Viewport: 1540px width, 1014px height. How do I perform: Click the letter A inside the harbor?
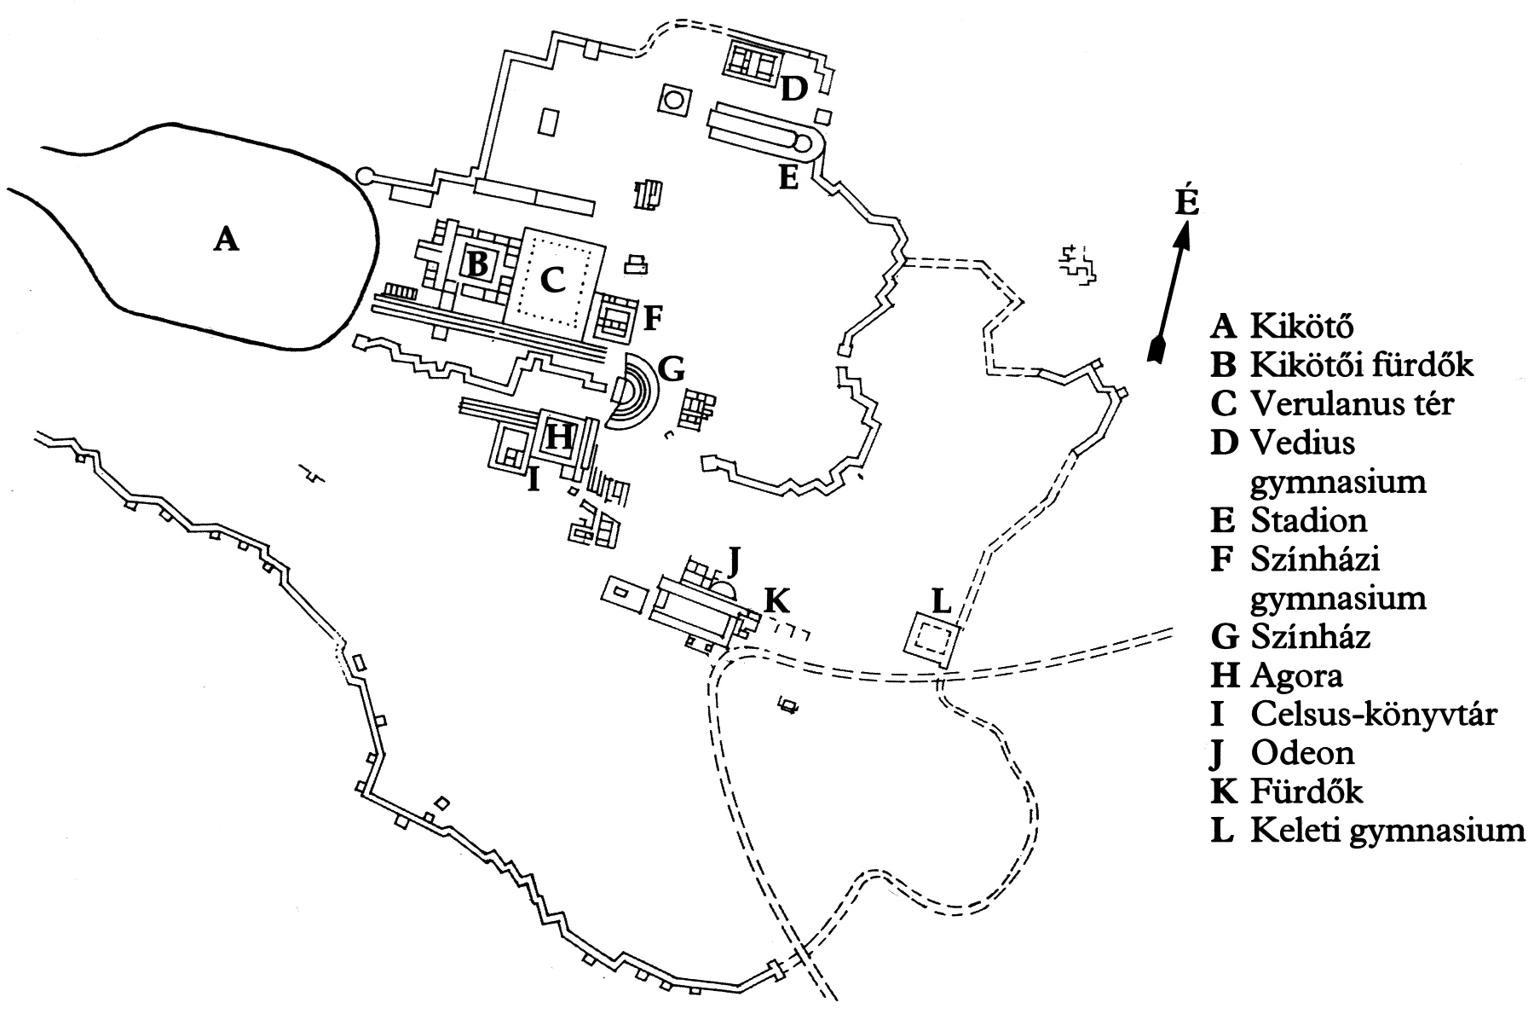[225, 238]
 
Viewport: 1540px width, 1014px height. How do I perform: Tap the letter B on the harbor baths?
[478, 265]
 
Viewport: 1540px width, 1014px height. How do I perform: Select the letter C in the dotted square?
[553, 279]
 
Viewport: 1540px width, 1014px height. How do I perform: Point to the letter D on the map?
[793, 88]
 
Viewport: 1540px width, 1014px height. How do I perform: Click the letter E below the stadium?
[788, 177]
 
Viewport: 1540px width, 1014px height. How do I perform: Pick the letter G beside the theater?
[672, 370]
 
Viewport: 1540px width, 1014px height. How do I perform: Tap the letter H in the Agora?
[559, 436]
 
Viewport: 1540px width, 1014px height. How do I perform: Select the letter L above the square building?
[941, 601]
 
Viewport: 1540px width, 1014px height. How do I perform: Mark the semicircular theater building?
[632, 391]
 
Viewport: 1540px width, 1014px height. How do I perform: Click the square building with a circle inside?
[673, 101]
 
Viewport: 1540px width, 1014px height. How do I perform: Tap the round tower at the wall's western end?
[366, 177]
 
